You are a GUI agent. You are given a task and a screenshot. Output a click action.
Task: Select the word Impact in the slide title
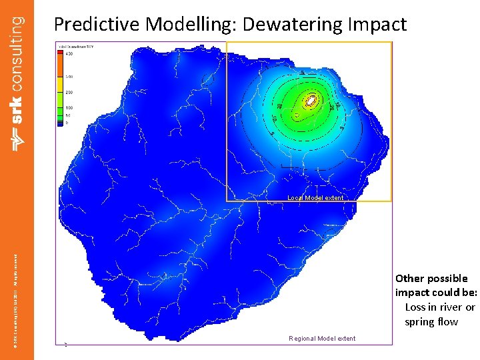pos(377,25)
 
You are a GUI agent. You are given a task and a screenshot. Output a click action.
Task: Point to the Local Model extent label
pos(315,198)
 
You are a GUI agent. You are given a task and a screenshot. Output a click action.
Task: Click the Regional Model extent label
pos(322,339)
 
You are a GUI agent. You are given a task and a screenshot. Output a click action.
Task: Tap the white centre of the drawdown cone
pos(311,101)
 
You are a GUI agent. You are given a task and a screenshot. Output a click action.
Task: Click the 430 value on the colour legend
pos(69,54)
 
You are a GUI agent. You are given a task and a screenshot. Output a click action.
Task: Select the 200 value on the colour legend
pos(69,92)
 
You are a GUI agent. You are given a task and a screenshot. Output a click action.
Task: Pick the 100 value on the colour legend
pos(69,107)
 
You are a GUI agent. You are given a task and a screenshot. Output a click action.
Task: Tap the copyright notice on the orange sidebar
pos(18,293)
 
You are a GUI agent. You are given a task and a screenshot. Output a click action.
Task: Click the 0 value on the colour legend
pos(67,123)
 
